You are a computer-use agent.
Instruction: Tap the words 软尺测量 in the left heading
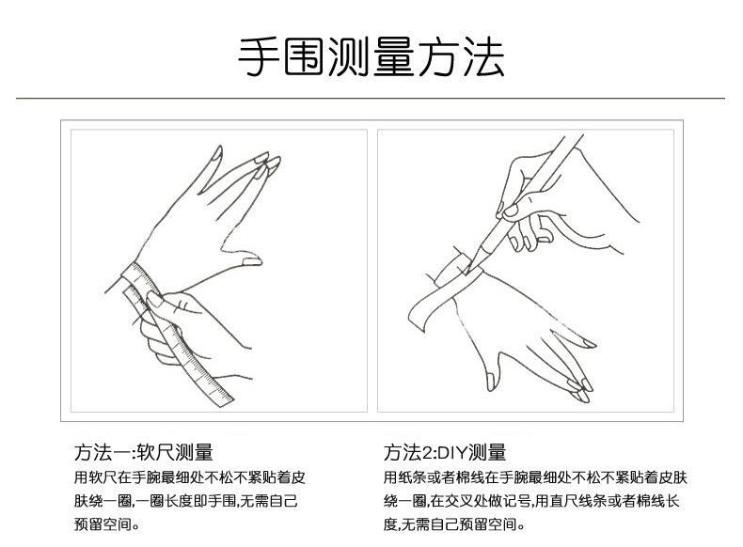click(174, 452)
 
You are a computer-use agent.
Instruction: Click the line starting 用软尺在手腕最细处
click(189, 477)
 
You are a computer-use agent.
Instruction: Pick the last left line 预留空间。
click(107, 525)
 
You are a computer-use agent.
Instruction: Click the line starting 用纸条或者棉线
click(530, 477)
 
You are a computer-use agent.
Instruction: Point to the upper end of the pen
click(576, 140)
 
